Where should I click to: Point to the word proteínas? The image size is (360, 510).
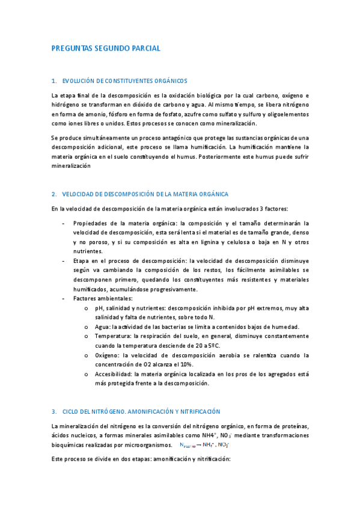[x=293, y=426]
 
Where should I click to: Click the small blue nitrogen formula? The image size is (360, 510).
[x=204, y=445]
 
